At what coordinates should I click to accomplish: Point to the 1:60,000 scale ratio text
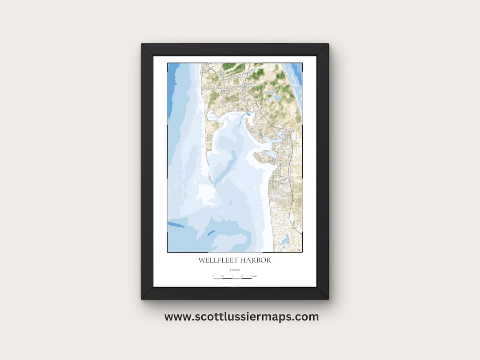click(x=235, y=270)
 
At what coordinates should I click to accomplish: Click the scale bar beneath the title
click(x=232, y=279)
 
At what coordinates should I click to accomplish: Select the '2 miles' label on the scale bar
click(x=254, y=276)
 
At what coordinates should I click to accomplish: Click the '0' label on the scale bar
click(x=213, y=276)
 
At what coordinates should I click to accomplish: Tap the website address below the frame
click(x=241, y=317)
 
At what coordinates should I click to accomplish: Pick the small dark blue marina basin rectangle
click(x=249, y=115)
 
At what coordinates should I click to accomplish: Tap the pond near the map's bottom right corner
click(x=284, y=240)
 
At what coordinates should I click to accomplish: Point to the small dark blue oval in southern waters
click(x=211, y=233)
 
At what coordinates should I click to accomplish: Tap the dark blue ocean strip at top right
click(x=297, y=73)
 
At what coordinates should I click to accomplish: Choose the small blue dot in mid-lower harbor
click(x=231, y=203)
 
